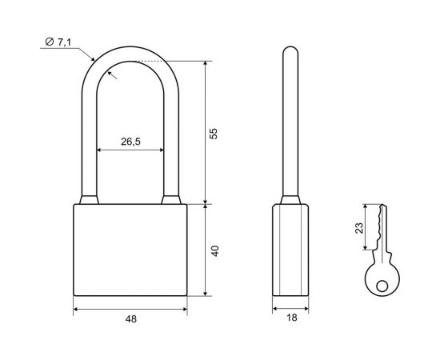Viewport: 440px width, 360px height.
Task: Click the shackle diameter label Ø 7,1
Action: click(x=58, y=42)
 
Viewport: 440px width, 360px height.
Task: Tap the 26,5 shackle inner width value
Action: click(x=130, y=142)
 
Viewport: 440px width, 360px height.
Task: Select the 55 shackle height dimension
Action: click(x=214, y=134)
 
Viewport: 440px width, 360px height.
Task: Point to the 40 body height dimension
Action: click(x=215, y=251)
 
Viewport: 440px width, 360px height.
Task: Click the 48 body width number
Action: click(x=131, y=319)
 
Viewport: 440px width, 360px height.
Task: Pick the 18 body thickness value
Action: click(x=291, y=318)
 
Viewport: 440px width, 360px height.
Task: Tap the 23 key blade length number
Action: click(x=359, y=228)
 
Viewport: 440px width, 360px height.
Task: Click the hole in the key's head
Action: click(x=382, y=286)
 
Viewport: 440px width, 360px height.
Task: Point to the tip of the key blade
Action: click(x=382, y=204)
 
